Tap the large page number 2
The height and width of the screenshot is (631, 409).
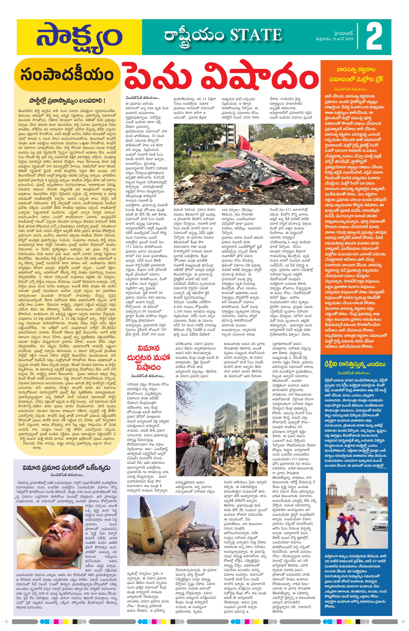tap(374, 37)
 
